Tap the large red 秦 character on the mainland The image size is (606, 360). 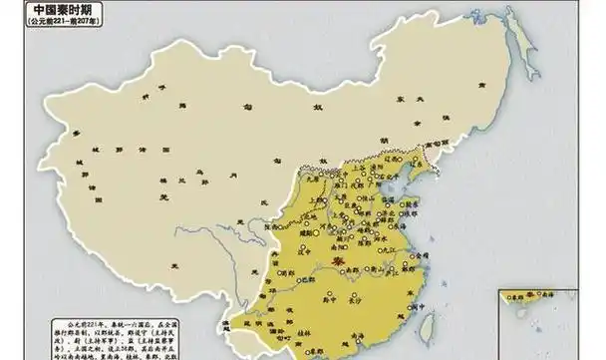click(340, 266)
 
